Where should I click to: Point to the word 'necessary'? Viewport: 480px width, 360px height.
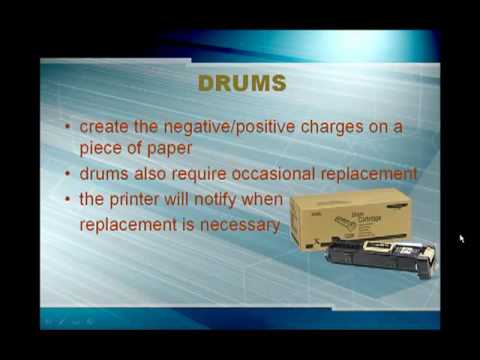tap(237, 225)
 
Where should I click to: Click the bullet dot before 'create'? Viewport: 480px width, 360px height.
tap(67, 128)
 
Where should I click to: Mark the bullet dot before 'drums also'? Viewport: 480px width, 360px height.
tap(67, 174)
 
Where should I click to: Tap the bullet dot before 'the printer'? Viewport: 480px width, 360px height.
tap(67, 200)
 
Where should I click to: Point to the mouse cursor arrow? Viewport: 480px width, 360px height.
tap(461, 239)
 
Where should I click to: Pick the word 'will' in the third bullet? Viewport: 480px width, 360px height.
tap(180, 199)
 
